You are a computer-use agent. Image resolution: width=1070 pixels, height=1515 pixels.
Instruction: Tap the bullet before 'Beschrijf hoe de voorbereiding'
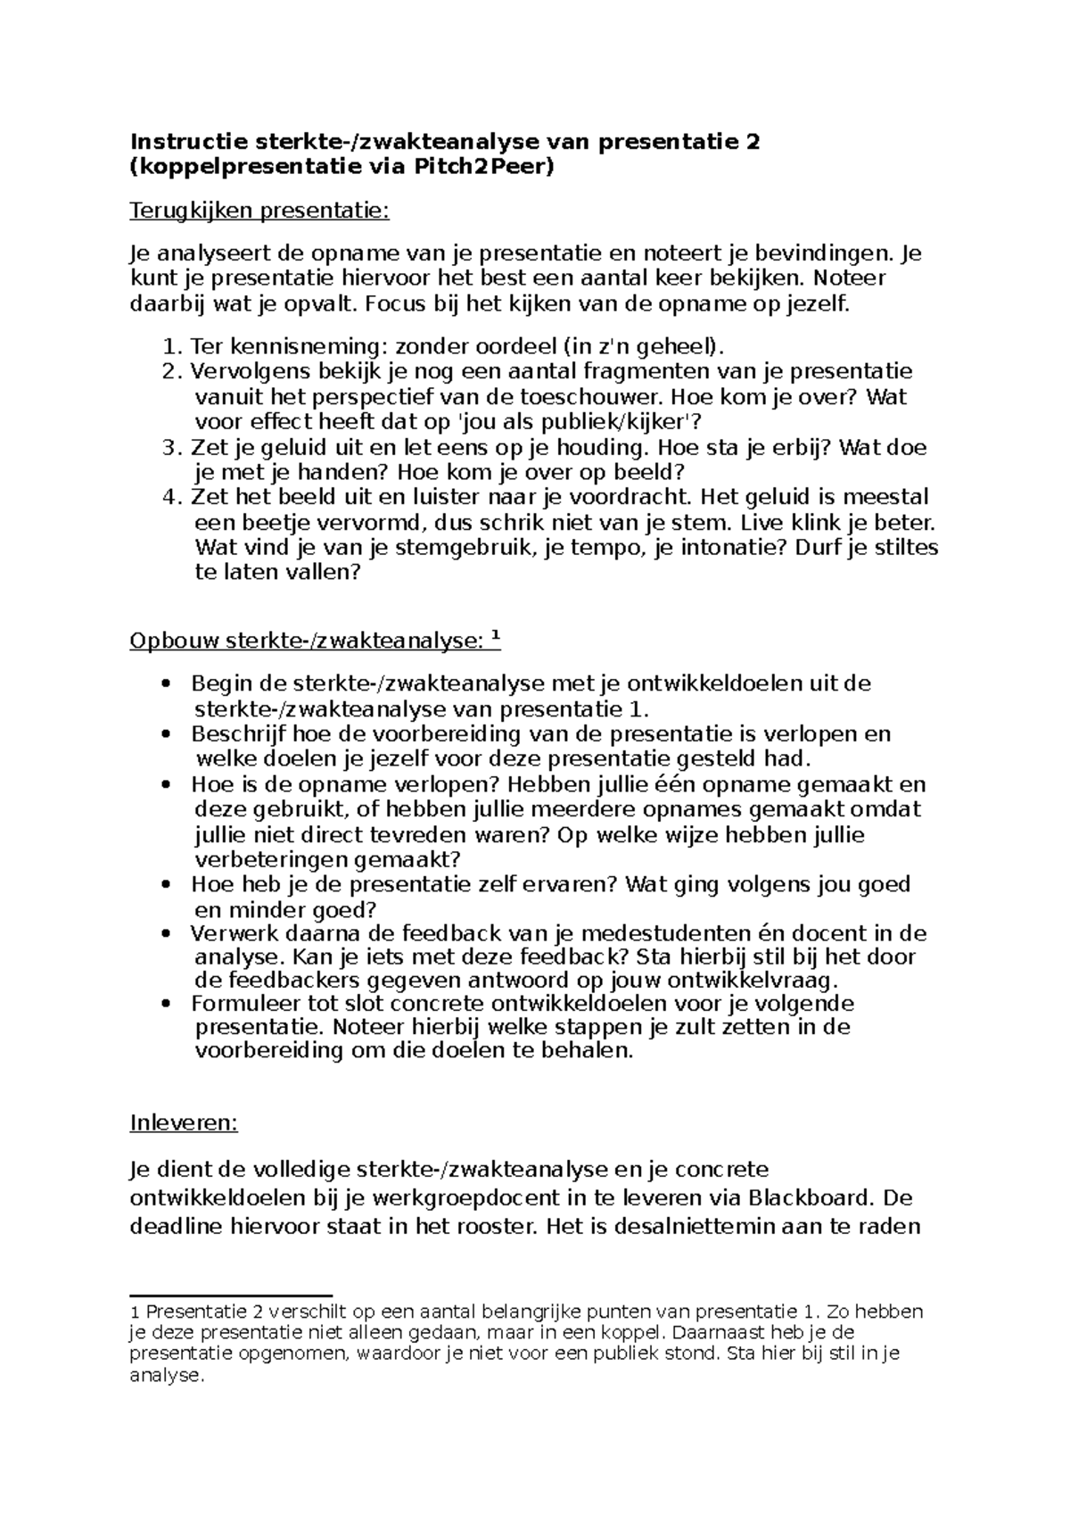[165, 734]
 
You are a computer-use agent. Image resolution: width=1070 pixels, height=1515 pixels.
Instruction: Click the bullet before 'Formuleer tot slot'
[165, 1004]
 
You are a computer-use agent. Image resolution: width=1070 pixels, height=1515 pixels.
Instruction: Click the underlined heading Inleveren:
[184, 1122]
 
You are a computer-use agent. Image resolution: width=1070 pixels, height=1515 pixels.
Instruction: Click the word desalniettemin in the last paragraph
[691, 1226]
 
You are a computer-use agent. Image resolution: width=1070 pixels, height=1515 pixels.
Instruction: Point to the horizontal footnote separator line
[231, 1294]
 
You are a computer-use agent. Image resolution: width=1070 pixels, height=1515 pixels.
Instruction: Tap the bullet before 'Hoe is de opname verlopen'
[165, 785]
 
